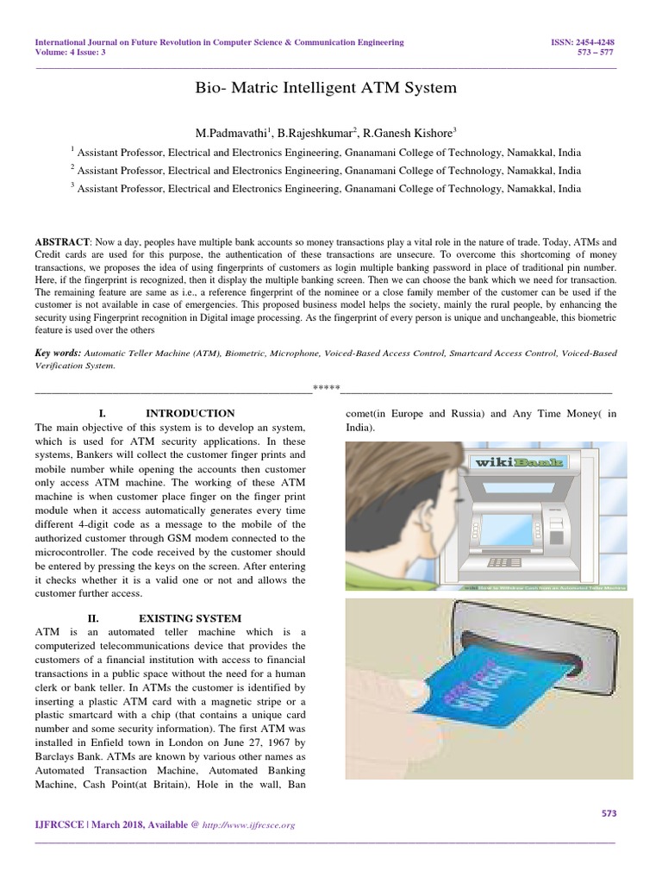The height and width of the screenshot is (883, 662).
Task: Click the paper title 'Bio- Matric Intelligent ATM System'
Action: (330, 88)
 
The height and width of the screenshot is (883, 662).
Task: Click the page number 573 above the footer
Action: (608, 813)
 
